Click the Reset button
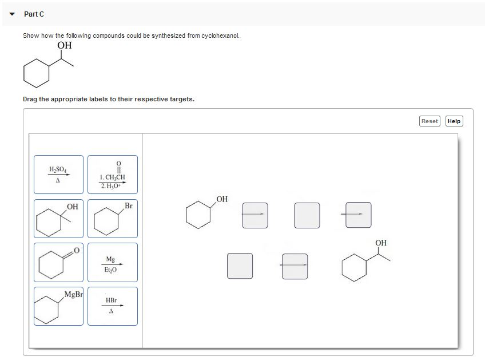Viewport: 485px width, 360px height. click(x=429, y=121)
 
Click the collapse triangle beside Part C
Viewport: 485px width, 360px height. click(x=12, y=14)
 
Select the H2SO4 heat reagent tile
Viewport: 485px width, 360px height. click(x=58, y=174)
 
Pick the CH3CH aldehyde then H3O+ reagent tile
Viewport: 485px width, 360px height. click(x=113, y=174)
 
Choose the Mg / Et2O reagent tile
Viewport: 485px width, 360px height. click(x=113, y=262)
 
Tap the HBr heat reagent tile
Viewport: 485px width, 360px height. click(x=113, y=306)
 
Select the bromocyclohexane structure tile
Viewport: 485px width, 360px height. click(x=113, y=218)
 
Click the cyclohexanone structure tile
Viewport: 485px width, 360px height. click(x=58, y=262)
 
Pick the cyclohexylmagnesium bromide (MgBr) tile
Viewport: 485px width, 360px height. click(x=58, y=306)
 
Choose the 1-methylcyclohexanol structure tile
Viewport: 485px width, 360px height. click(x=58, y=218)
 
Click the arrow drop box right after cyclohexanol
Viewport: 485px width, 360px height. click(x=255, y=215)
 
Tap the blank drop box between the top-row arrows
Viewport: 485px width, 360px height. click(x=307, y=215)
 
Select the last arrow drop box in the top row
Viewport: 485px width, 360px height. click(x=358, y=215)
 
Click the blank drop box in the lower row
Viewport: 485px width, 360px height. click(x=240, y=266)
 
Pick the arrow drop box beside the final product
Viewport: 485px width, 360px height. click(x=295, y=266)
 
